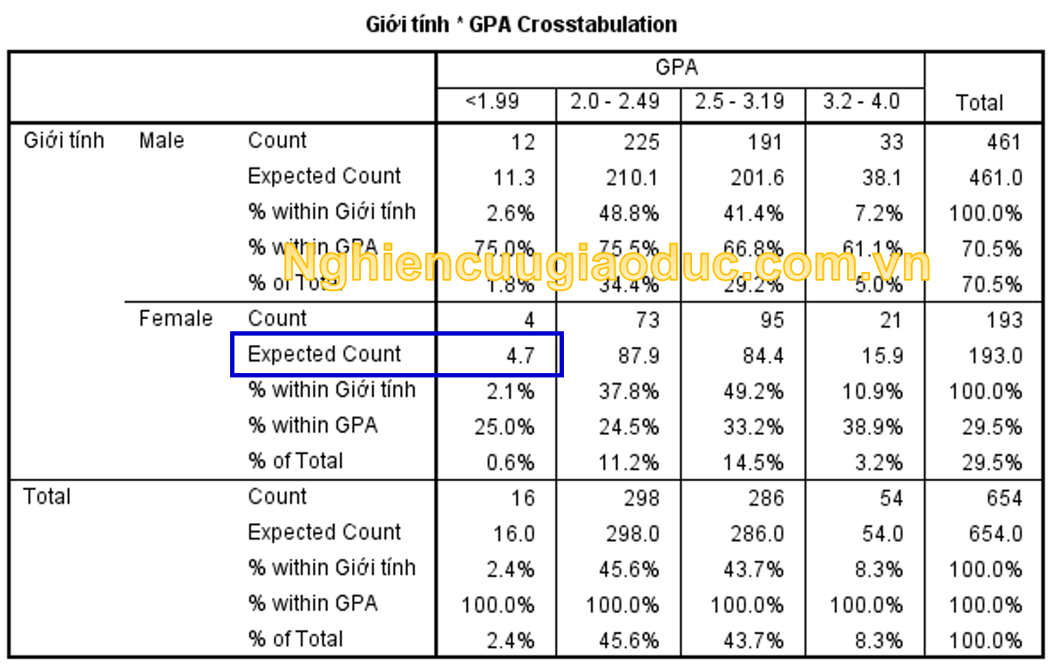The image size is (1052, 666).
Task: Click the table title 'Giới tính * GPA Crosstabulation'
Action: (521, 24)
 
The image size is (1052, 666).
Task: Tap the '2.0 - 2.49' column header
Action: (615, 102)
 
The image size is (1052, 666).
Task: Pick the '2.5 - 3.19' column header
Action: (740, 102)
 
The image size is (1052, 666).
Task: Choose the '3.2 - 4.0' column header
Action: (861, 102)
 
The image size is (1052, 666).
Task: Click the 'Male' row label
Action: (161, 140)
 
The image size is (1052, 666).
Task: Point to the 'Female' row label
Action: (175, 318)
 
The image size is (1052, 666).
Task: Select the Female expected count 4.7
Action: (517, 356)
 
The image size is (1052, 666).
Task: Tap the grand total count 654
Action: (1004, 499)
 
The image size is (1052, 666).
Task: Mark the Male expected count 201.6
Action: (757, 178)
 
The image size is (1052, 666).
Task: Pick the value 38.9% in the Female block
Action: (872, 427)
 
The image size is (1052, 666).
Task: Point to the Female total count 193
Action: (1004, 321)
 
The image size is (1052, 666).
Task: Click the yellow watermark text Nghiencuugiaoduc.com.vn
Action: (607, 264)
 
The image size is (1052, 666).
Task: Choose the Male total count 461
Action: (1004, 142)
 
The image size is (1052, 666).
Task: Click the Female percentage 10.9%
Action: (872, 391)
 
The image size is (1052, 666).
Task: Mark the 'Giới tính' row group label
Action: (63, 140)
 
